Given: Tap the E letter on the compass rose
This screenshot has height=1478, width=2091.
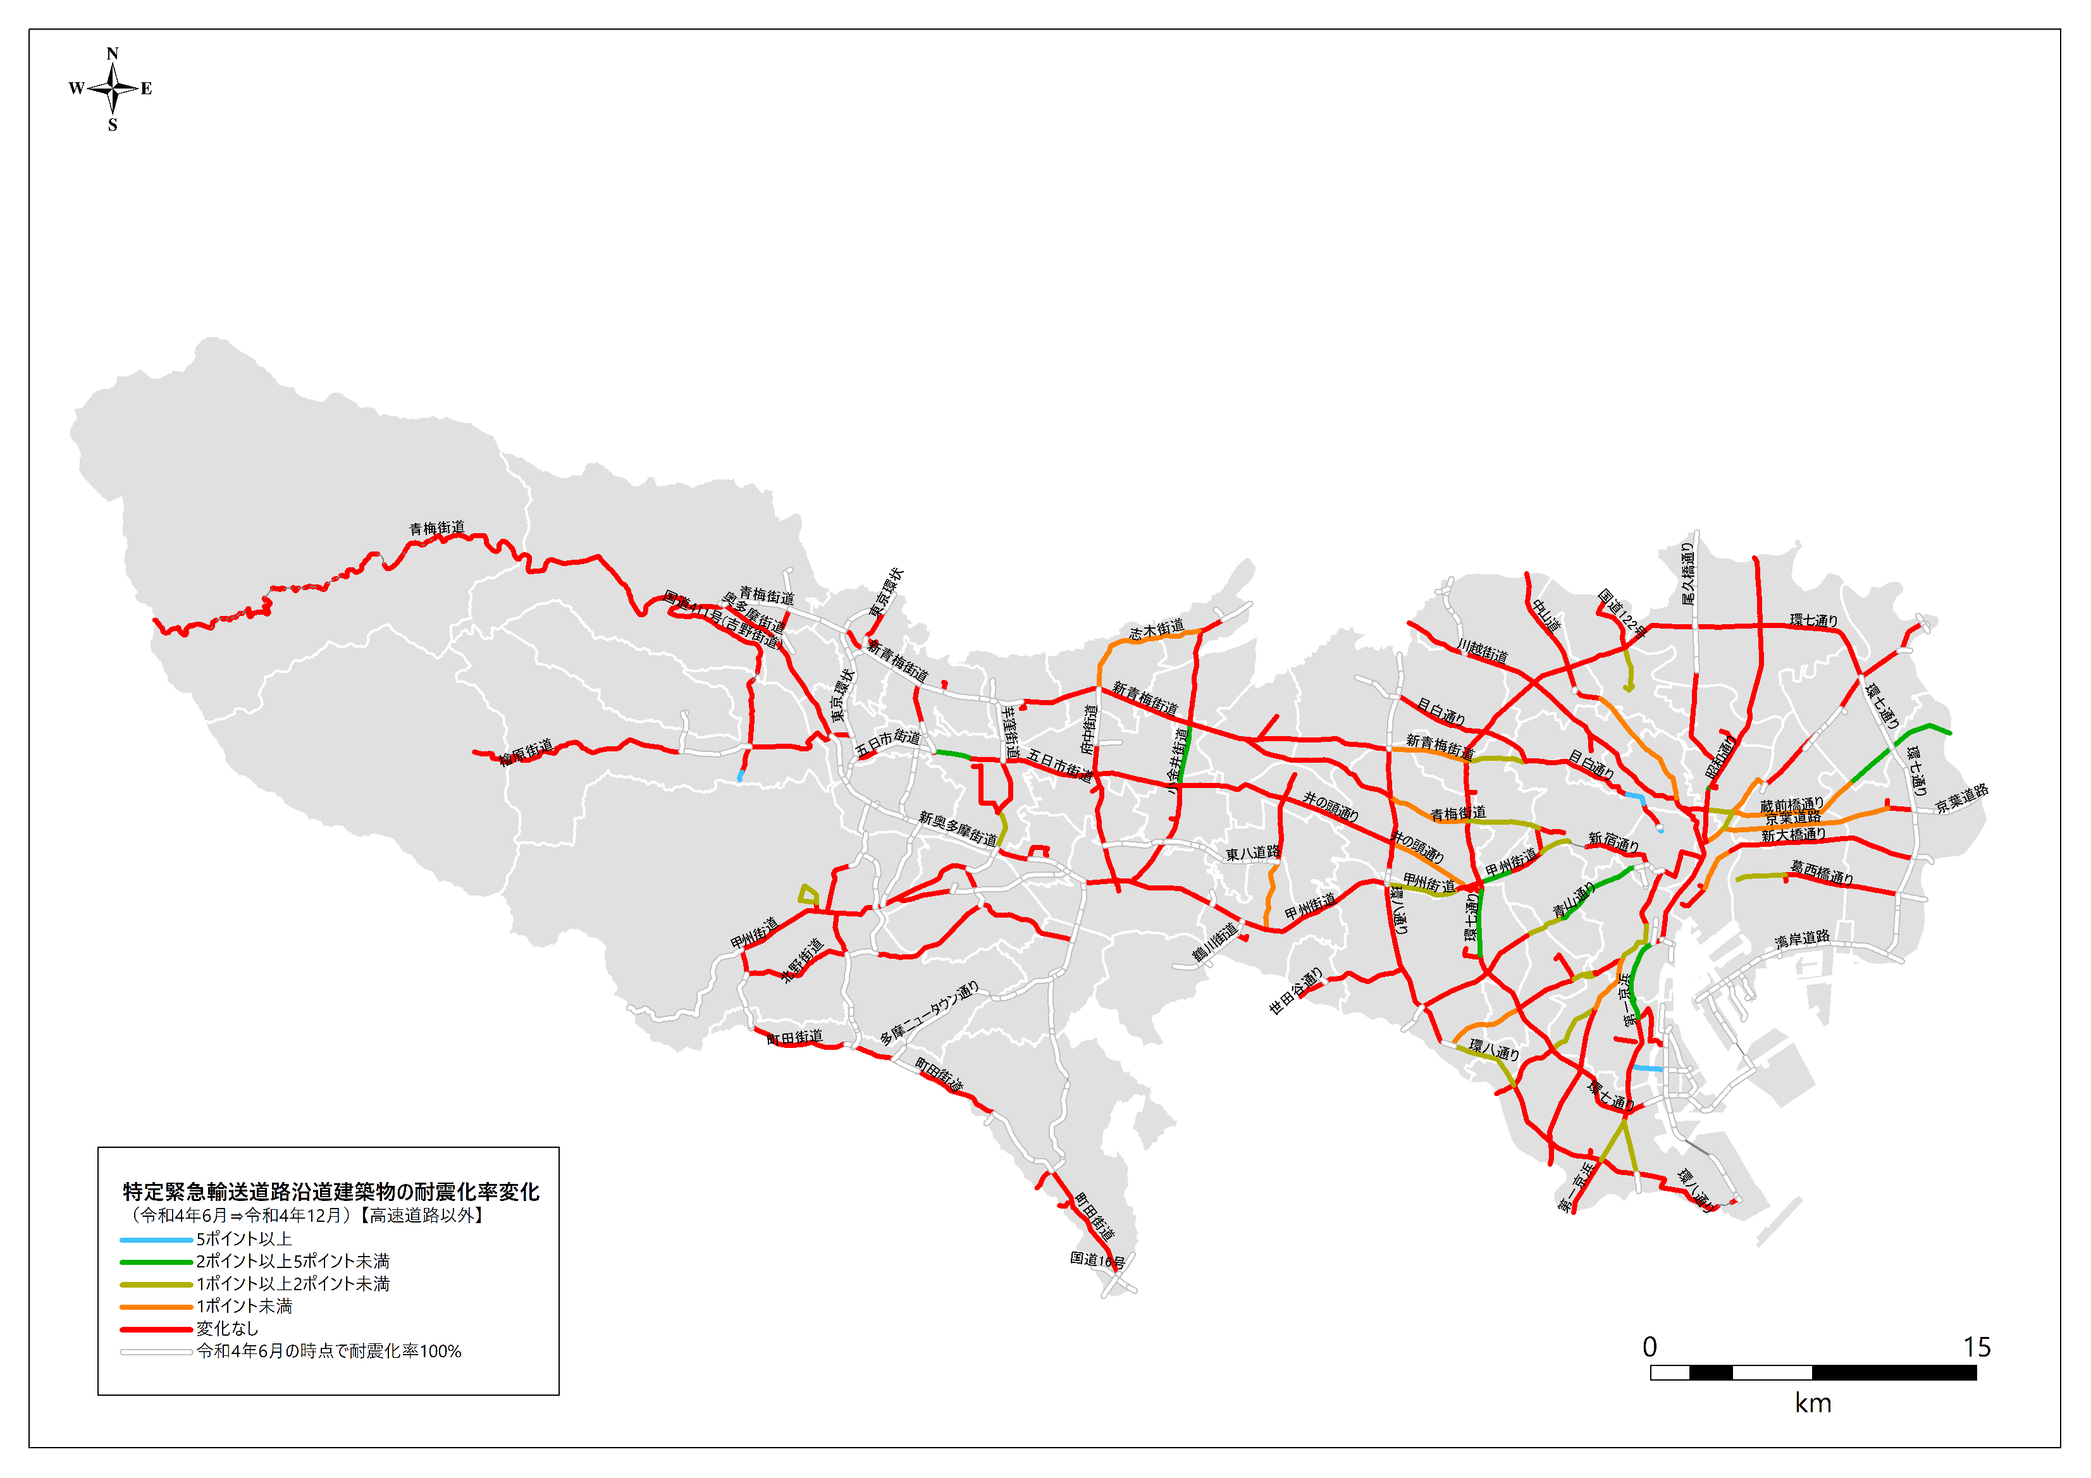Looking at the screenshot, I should click(145, 89).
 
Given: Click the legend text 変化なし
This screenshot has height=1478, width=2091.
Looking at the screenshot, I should click(227, 1329).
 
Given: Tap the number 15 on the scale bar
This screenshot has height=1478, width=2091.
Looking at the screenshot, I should click(1977, 1347).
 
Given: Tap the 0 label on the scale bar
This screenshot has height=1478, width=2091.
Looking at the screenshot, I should click(1650, 1347).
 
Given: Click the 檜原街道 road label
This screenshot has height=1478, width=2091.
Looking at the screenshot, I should click(526, 752).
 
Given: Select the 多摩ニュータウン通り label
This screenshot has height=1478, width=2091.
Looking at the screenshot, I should click(929, 1013).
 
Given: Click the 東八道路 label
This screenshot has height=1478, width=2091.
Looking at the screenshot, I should click(1252, 853).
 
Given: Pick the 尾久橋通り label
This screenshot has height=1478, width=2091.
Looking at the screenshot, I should click(1687, 574).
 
